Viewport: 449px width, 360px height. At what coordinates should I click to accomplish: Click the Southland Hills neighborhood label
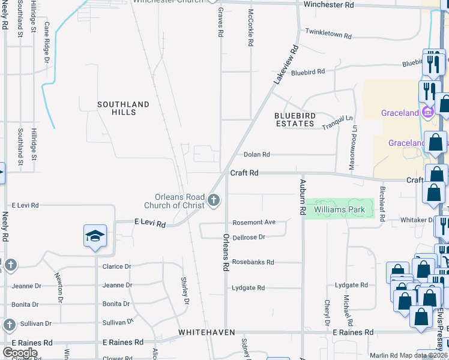click(x=123, y=108)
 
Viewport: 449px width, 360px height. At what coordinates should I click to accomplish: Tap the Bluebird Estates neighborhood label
click(x=294, y=119)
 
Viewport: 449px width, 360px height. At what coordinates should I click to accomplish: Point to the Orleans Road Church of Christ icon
click(x=214, y=202)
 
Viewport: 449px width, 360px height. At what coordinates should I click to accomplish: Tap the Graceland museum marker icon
click(x=427, y=112)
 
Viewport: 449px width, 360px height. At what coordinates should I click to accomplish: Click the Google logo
click(x=20, y=352)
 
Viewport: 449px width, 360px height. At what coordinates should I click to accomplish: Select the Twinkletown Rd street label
click(x=328, y=34)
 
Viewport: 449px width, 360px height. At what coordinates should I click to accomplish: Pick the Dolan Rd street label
click(x=256, y=154)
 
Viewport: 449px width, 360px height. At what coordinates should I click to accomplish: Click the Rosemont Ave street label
click(x=254, y=222)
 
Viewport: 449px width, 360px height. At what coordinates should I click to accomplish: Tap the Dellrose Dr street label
click(x=249, y=238)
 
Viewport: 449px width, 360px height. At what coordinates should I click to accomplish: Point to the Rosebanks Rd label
click(x=253, y=262)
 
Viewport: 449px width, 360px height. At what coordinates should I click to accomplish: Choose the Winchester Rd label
click(x=328, y=5)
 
